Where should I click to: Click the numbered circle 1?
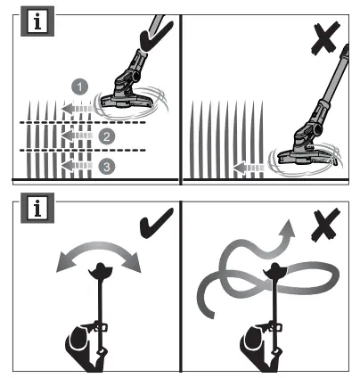click(x=80, y=86)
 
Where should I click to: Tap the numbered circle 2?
click(x=106, y=136)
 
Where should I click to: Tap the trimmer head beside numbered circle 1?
click(x=130, y=97)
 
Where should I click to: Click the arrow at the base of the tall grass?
click(x=253, y=165)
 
